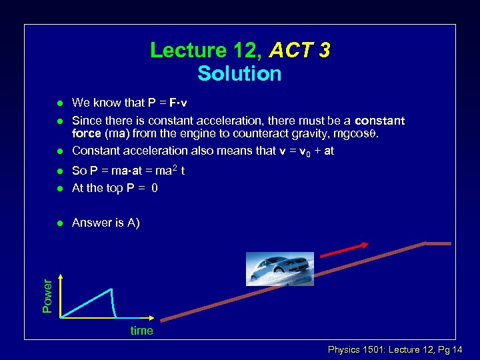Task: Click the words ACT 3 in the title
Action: (299, 51)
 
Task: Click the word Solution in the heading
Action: (239, 73)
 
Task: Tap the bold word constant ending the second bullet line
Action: (379, 121)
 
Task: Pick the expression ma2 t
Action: (169, 171)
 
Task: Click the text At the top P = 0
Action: (115, 188)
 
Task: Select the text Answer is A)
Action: (105, 223)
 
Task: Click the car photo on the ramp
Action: (270, 269)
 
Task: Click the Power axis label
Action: (47, 295)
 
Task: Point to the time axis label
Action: (141, 331)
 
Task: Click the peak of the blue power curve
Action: (111, 288)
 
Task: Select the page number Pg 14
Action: (455, 350)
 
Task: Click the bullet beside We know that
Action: (59, 103)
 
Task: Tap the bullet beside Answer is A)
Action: (59, 223)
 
